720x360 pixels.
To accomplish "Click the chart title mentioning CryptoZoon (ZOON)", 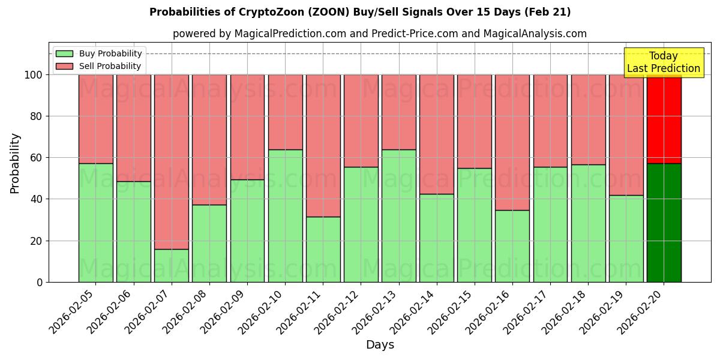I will [x=360, y=12].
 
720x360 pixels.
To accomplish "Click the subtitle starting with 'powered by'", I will [x=379, y=34].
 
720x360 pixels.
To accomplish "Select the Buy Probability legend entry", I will [x=99, y=53].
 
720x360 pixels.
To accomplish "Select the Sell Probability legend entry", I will [x=99, y=66].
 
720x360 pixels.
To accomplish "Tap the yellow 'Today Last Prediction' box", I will [x=663, y=62].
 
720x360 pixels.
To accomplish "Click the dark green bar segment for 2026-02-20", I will [x=664, y=223].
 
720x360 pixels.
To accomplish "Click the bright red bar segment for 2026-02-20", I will [x=664, y=119].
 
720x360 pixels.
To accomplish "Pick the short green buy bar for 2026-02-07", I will [x=172, y=265].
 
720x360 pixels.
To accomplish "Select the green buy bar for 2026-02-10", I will [x=285, y=216].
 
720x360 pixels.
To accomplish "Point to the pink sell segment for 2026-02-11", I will [x=323, y=145].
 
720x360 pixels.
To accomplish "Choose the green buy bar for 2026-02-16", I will [x=512, y=246].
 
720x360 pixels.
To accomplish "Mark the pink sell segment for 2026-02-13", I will [x=398, y=112].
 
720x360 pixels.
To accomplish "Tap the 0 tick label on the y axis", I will [x=40, y=282].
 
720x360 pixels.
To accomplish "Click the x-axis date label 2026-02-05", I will [x=73, y=311].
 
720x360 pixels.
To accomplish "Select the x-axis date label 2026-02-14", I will [x=414, y=311].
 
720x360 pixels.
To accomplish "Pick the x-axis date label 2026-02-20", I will [x=641, y=311].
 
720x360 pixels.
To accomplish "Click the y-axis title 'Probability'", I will [x=15, y=163].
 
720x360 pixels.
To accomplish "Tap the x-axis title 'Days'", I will [x=379, y=345].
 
